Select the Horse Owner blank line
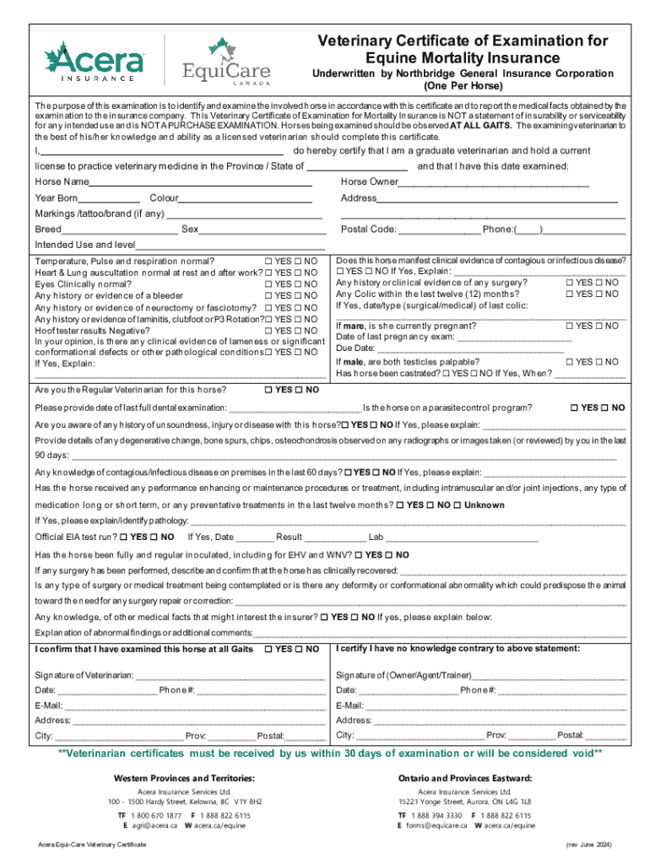point(493,182)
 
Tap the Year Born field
point(109,198)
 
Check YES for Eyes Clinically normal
point(268,284)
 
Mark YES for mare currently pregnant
point(569,326)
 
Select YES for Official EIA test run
point(123,537)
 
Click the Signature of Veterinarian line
point(229,675)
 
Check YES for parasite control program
point(574,408)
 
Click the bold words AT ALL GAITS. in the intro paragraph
point(481,125)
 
